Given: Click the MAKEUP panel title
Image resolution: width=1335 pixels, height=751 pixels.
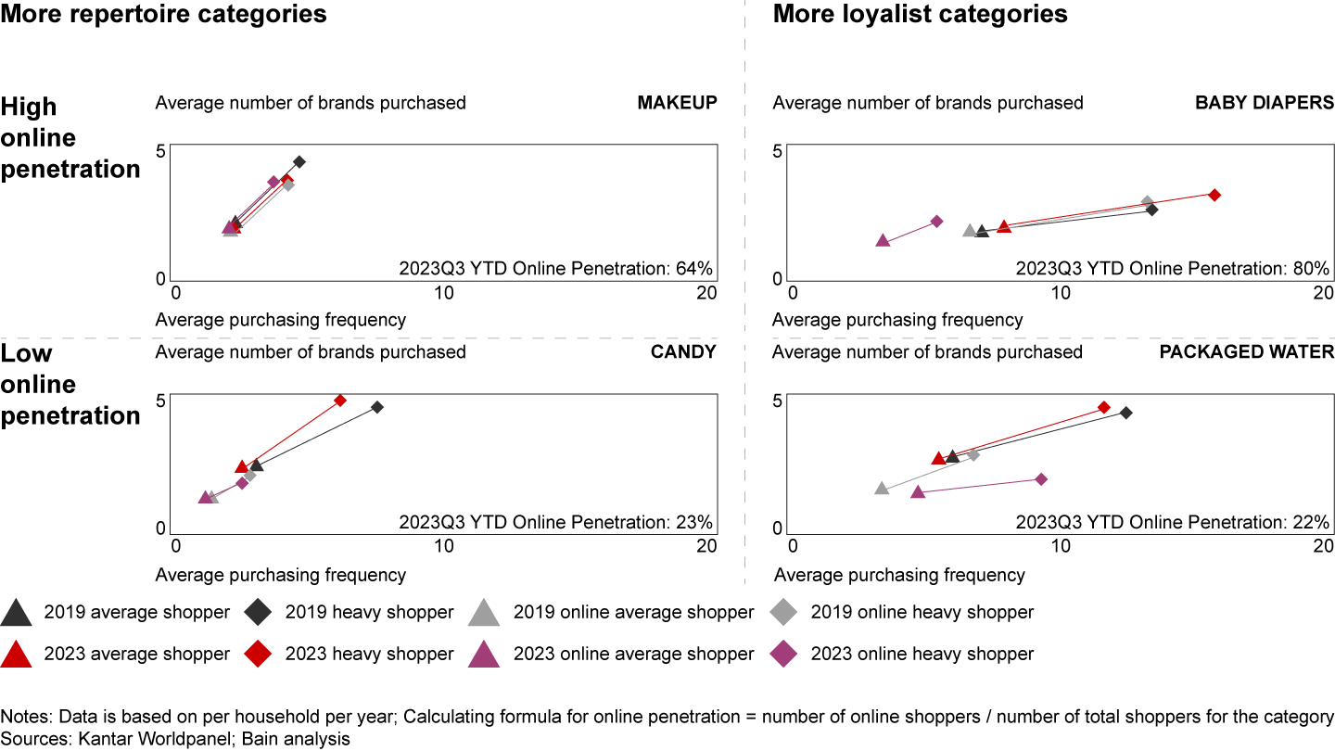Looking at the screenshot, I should coord(677,103).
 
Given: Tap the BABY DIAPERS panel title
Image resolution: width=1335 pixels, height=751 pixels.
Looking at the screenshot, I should coord(1265,103).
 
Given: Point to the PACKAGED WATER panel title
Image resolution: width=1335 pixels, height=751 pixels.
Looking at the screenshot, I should coord(1246,352).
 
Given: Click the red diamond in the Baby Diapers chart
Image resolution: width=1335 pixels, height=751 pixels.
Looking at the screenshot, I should coord(1214,195).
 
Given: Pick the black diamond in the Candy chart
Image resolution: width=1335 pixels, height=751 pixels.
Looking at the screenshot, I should coord(377,407).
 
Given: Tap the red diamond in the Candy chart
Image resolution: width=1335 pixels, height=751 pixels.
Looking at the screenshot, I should coord(340,401).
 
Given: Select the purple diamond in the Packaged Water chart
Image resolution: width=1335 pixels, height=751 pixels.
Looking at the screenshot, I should coord(1041,479).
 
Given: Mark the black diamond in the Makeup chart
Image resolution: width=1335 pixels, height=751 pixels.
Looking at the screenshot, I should coord(299,161).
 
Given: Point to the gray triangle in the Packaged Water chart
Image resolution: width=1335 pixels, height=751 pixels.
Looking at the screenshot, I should coord(882,489).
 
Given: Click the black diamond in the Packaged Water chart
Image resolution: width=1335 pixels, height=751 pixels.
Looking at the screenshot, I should coord(1125,413).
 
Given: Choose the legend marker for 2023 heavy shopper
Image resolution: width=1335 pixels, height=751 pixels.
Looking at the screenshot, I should coord(258,654).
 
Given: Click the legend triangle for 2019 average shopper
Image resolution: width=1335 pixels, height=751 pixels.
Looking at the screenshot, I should coord(18,613).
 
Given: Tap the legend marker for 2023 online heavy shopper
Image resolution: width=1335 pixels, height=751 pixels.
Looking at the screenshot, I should coord(784,654).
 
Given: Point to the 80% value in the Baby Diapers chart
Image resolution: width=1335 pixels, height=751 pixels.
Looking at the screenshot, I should coord(1313,269).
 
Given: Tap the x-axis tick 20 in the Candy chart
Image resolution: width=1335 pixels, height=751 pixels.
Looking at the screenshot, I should coord(706,547).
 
